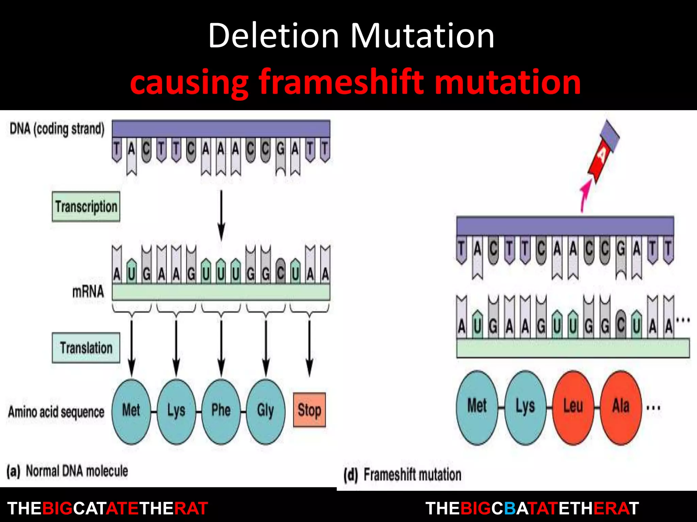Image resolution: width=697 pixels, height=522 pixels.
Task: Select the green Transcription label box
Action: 86,207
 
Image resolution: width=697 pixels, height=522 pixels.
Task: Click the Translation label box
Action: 86,348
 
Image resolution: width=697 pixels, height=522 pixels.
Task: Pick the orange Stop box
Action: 309,410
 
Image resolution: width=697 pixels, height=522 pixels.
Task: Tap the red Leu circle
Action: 573,407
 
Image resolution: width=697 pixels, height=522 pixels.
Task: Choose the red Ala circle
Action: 621,407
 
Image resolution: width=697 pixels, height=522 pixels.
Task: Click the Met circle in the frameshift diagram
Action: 477,407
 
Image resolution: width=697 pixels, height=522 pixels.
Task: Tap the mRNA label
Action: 88,292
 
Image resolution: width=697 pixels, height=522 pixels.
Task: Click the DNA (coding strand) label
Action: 57,129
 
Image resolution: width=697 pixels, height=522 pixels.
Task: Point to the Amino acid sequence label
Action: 56,412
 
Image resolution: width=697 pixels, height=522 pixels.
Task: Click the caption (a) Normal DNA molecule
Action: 67,471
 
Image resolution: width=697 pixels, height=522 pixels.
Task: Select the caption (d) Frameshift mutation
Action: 402,474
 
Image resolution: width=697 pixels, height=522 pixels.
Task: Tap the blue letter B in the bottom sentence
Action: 510,509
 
